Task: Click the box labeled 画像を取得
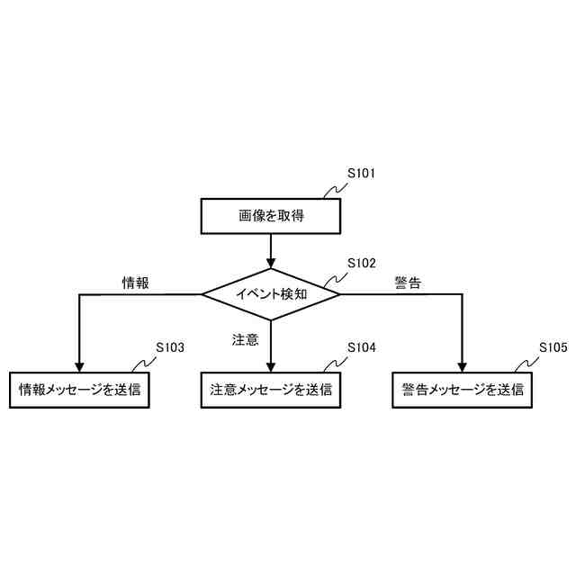[270, 216]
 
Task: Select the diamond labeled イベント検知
[270, 293]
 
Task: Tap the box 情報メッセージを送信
[79, 391]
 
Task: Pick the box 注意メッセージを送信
[270, 391]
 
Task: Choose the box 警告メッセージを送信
[462, 391]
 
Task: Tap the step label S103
[170, 347]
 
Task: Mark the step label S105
[553, 347]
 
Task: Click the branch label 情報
[135, 283]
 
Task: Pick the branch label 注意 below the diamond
[245, 340]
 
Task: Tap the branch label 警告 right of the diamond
[408, 283]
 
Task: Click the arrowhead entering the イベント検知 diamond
[270, 262]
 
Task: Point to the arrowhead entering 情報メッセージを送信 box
[79, 365]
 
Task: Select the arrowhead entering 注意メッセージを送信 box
[270, 365]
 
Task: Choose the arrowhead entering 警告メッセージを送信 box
[462, 365]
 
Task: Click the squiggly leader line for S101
[335, 190]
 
